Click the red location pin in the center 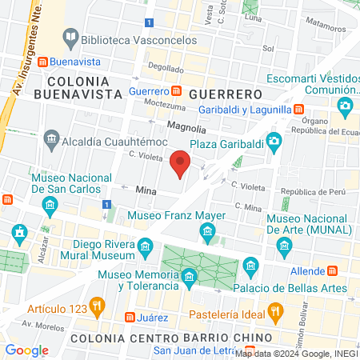[181, 163]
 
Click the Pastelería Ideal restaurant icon [275, 310]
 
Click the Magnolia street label [186, 127]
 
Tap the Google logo [27, 350]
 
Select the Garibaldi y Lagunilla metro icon [298, 109]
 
